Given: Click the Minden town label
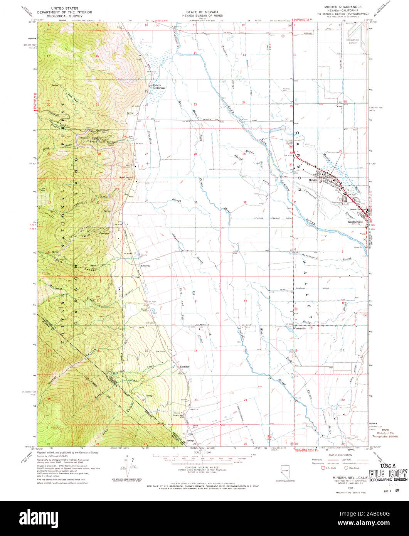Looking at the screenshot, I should [x=312, y=180].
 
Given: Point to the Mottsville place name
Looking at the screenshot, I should [x=145, y=266].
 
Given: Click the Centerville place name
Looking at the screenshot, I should [x=300, y=329].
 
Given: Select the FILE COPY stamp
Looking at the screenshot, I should [x=388, y=474].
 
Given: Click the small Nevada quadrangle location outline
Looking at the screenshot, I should [x=285, y=471].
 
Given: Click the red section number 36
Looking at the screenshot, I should [x=244, y=202].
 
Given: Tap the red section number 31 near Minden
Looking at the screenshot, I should [x=295, y=202].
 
